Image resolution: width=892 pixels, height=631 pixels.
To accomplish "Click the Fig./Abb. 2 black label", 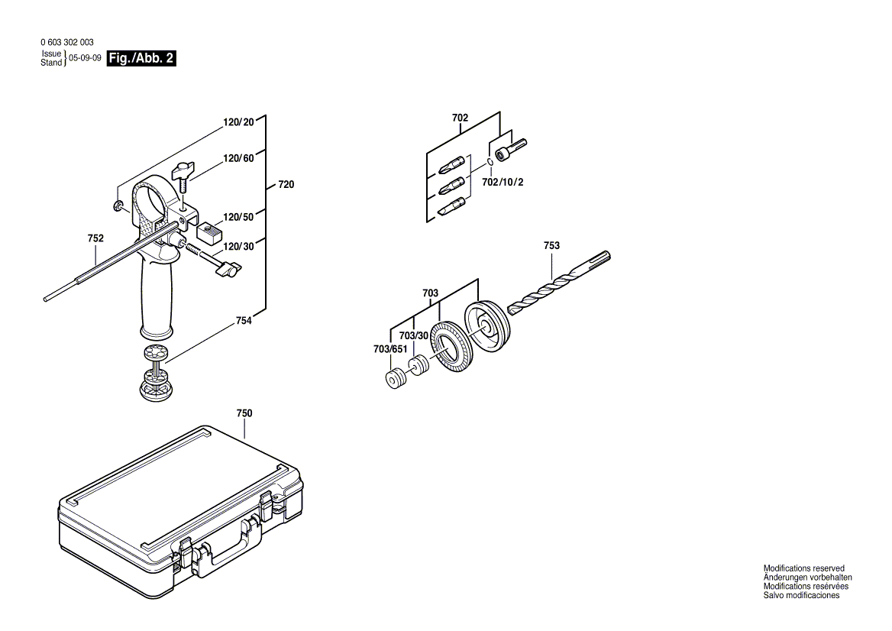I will click(x=142, y=59).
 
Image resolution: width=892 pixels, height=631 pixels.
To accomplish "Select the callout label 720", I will click(x=286, y=185).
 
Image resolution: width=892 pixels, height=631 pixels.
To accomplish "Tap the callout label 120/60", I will click(x=238, y=158).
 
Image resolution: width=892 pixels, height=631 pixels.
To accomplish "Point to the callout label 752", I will click(x=95, y=238).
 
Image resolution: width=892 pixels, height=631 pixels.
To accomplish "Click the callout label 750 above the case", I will click(x=244, y=413).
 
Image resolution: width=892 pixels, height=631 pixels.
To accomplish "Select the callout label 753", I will click(x=551, y=245).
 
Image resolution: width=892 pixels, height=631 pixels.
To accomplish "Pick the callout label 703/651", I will click(x=391, y=349).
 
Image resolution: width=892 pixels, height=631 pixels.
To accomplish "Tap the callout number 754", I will click(x=244, y=322).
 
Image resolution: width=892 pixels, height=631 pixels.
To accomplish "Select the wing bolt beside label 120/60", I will click(x=183, y=173).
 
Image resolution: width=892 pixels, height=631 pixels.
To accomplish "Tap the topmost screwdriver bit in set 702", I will click(x=451, y=163).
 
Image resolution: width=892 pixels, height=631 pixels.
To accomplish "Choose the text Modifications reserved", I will click(x=803, y=568).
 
